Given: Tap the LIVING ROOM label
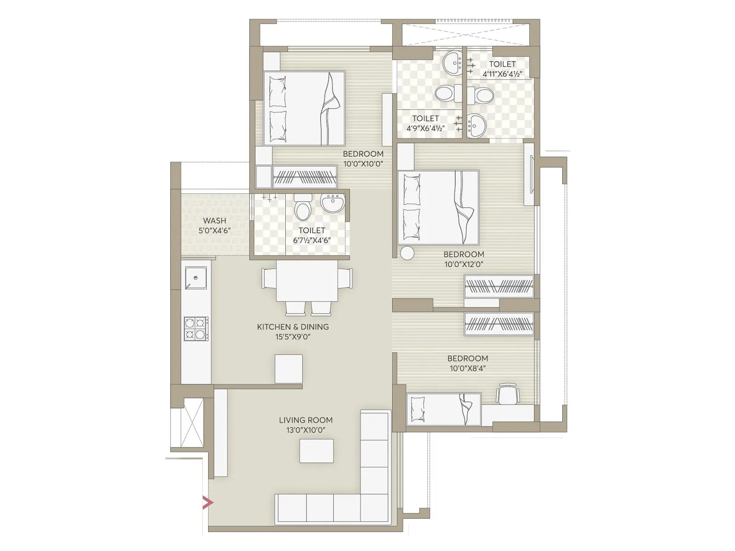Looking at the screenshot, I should click(305, 420).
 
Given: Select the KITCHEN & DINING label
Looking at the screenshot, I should click(293, 327).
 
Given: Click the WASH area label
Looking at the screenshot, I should click(215, 221).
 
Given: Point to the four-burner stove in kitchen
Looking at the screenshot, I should click(196, 328).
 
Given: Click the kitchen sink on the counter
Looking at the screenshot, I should click(196, 278).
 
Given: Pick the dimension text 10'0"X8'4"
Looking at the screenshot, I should click(468, 368).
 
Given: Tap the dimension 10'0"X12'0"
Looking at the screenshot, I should click(464, 264).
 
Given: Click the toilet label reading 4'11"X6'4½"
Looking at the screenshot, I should click(502, 74).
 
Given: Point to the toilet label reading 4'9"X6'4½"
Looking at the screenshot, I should click(425, 129).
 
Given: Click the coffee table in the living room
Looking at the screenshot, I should click(317, 451).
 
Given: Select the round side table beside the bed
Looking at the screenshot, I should click(407, 253).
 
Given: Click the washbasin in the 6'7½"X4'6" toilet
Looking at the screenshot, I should click(333, 203).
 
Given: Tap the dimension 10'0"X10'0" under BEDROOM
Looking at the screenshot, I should click(363, 164).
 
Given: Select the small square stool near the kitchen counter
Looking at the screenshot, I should click(288, 368).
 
